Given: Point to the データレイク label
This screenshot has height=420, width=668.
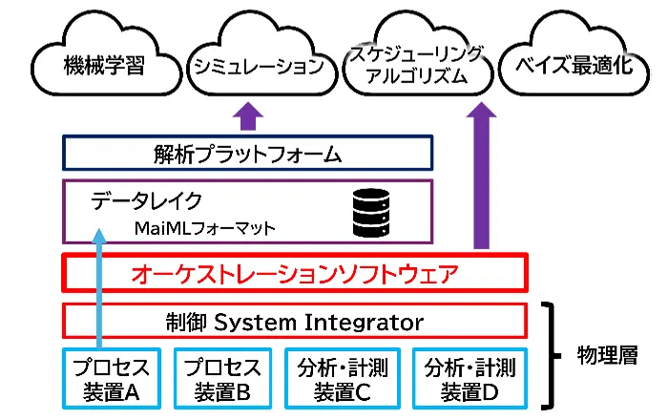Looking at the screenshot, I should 147,200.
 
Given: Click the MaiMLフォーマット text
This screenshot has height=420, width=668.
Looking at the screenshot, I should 204,228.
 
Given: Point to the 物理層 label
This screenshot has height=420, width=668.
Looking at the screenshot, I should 608,354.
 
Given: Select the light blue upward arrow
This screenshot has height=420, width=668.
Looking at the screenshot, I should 98,286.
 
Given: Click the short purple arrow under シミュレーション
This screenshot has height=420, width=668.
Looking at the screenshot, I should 248,116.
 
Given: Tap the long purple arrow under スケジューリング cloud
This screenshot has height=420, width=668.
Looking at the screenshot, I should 483,177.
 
